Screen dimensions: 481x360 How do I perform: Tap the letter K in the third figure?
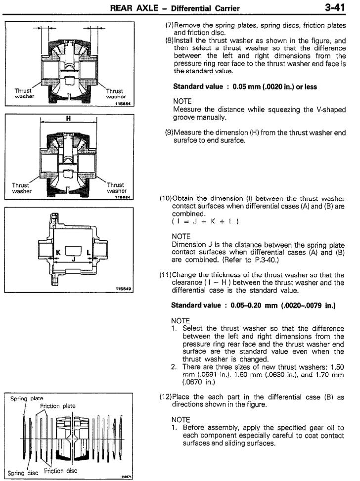pos(57,252)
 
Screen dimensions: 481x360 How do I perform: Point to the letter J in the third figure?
pos(73,258)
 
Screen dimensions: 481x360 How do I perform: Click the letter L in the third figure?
pos(89,252)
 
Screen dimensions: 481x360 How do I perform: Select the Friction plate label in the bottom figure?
pos(58,406)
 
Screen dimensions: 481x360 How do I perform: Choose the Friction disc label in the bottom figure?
pos(61,471)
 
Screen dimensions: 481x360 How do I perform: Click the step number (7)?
pos(168,25)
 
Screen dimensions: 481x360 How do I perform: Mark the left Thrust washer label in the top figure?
pos(23,93)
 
